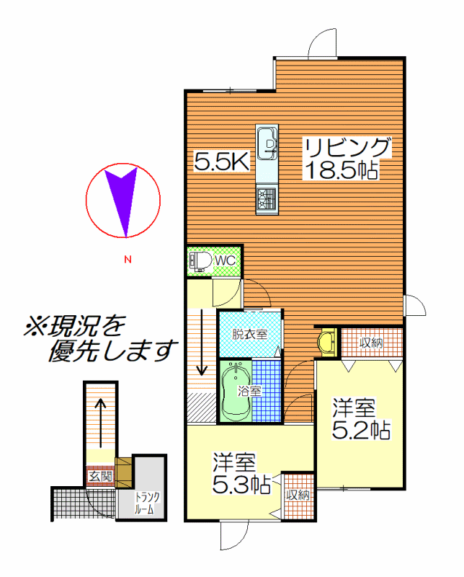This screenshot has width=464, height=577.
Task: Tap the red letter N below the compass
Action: pos(128,260)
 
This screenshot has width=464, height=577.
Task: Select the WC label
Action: pos(225,260)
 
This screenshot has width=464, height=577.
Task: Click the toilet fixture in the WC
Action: pos(200,261)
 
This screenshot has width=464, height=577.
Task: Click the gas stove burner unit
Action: pos(267,200)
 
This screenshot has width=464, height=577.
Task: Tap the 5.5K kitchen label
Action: pos(222,161)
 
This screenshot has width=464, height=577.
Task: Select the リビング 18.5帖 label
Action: pos(347,158)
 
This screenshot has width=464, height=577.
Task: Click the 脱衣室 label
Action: pos(249,334)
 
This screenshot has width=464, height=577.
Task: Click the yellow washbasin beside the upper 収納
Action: pos(328,342)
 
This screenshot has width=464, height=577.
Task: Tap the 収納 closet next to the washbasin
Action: pos(372,343)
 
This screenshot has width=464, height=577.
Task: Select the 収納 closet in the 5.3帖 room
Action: pos(298,495)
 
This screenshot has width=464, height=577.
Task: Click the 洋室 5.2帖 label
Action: pos(361,419)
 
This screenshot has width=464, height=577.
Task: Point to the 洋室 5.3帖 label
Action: pos(241,473)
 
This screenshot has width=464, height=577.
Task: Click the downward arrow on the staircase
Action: pos(202,342)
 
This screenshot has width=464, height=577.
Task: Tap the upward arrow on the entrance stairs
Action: pos(100,423)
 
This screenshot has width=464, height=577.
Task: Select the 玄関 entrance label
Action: pos(100,477)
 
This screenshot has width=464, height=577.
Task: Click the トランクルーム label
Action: pos(146,503)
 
